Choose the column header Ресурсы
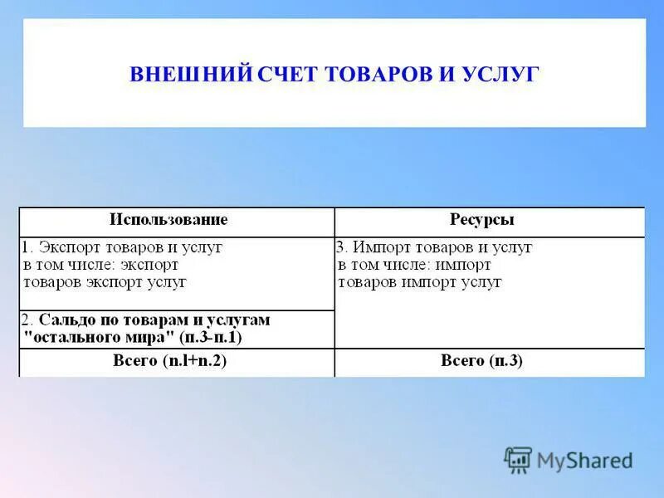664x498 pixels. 482,220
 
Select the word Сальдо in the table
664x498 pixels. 66,320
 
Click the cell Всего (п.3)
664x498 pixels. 482,361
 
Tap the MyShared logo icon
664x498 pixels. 518,459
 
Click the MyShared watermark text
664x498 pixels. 584,460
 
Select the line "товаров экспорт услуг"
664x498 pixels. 105,282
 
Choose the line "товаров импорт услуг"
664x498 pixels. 420,282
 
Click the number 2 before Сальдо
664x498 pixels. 26,320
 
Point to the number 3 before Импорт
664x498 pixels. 340,247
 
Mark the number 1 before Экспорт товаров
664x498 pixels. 26,247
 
